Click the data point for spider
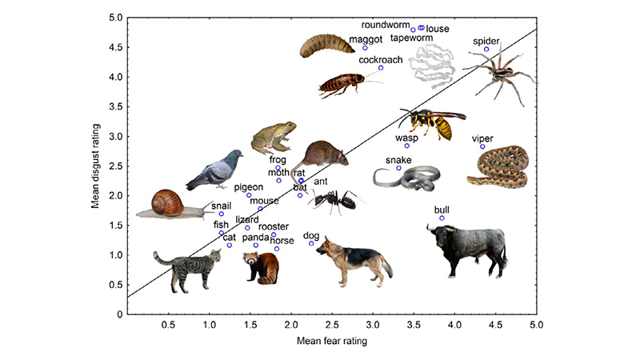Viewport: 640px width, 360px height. (x=486, y=50)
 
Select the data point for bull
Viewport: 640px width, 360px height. (x=442, y=218)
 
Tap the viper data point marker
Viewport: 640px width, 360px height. (x=482, y=146)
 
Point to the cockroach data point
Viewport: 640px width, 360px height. (x=381, y=68)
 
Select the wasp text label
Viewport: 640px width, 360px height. (x=407, y=137)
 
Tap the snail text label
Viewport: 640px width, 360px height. (x=222, y=205)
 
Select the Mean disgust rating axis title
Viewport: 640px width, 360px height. (x=95, y=166)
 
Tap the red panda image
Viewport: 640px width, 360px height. (x=262, y=268)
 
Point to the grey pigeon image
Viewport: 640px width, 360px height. (x=215, y=169)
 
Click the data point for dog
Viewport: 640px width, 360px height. (x=311, y=243)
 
